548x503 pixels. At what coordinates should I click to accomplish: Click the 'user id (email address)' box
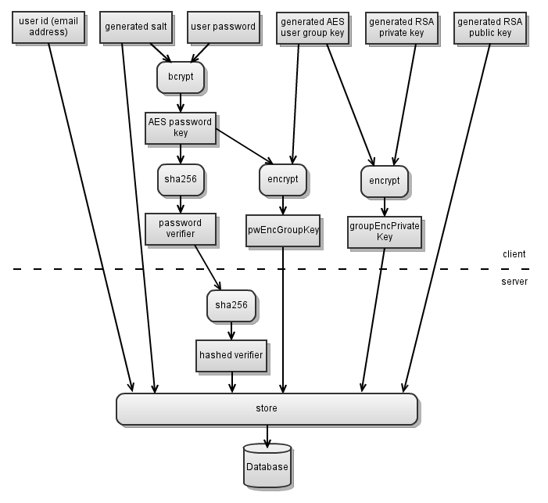48,27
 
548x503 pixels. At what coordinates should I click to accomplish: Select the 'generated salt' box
136,27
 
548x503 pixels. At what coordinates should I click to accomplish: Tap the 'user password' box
224,27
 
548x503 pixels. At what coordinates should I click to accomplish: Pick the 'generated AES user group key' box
313,28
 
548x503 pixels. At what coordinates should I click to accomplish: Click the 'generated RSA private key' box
402,28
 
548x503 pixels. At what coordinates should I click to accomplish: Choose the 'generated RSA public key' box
490,28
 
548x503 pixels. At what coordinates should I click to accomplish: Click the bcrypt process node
181,77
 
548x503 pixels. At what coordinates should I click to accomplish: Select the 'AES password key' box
181,128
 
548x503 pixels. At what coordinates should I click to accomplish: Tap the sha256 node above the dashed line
181,180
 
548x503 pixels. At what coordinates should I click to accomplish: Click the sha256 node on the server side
231,306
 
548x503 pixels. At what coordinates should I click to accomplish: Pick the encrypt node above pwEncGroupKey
283,180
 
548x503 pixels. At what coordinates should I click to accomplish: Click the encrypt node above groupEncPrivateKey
385,181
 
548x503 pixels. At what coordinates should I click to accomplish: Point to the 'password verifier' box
181,229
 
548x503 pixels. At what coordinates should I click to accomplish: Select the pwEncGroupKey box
283,231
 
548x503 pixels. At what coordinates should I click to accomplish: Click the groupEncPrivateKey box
385,232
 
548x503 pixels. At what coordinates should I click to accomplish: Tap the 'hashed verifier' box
231,356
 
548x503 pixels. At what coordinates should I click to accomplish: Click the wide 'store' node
267,409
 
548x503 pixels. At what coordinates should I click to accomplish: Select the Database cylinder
267,465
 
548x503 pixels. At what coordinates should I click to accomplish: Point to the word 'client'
514,254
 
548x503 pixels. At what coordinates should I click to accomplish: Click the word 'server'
514,282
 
